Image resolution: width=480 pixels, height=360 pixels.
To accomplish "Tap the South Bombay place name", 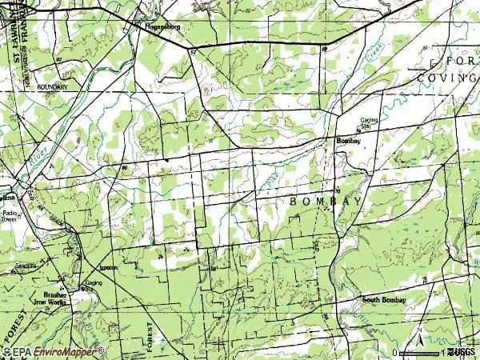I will click(383, 300).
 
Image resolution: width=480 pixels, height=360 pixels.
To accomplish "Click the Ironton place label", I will click(109, 267).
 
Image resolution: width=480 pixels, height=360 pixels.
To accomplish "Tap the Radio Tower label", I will click(10, 216).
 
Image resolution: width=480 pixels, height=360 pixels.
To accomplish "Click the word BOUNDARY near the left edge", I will click(50, 84).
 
